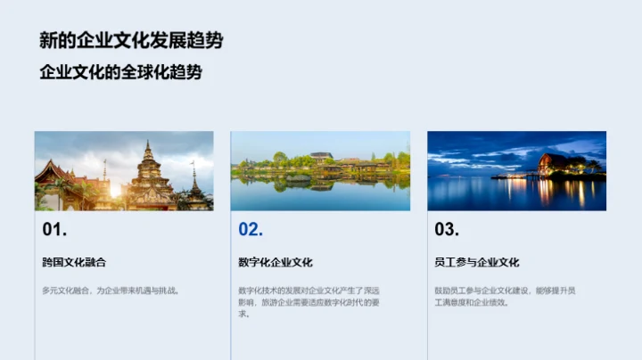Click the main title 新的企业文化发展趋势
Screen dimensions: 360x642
[131, 40]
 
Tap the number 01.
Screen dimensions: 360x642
[54, 230]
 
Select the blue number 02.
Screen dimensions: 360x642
[251, 230]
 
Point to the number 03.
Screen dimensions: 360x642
[447, 230]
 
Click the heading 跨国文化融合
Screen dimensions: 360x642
[80, 262]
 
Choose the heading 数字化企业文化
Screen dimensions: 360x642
[276, 262]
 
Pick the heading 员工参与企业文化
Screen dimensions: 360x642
[477, 262]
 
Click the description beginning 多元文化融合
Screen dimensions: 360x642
[111, 290]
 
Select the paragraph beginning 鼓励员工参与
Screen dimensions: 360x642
[505, 296]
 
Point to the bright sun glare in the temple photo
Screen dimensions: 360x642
[115, 189]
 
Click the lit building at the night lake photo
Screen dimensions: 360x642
[557, 164]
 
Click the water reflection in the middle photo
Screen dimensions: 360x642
[321, 187]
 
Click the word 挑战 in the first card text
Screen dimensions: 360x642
[169, 290]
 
